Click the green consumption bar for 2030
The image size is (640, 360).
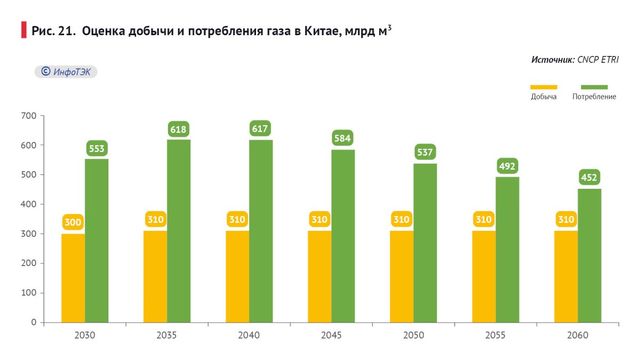coord(97,240)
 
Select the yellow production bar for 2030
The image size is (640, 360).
coord(73,278)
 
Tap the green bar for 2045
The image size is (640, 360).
coord(343,236)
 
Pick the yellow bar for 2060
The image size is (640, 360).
coord(566,276)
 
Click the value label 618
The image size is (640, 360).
coord(179,129)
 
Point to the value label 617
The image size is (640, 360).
coord(260,129)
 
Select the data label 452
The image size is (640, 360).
coord(589,178)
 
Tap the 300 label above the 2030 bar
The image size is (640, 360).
coord(73,222)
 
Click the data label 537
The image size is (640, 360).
coord(425,153)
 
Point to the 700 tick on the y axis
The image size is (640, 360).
coord(30,116)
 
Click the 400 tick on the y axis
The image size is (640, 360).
coord(30,204)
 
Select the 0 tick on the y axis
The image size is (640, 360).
coord(34,322)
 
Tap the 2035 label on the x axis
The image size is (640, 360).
coord(167,335)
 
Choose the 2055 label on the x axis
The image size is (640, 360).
coord(495,335)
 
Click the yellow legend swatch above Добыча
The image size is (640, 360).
coord(543,87)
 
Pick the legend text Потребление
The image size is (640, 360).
coord(594,97)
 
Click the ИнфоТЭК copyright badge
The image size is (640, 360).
coord(66,71)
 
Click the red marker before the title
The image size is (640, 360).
coord(23,30)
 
